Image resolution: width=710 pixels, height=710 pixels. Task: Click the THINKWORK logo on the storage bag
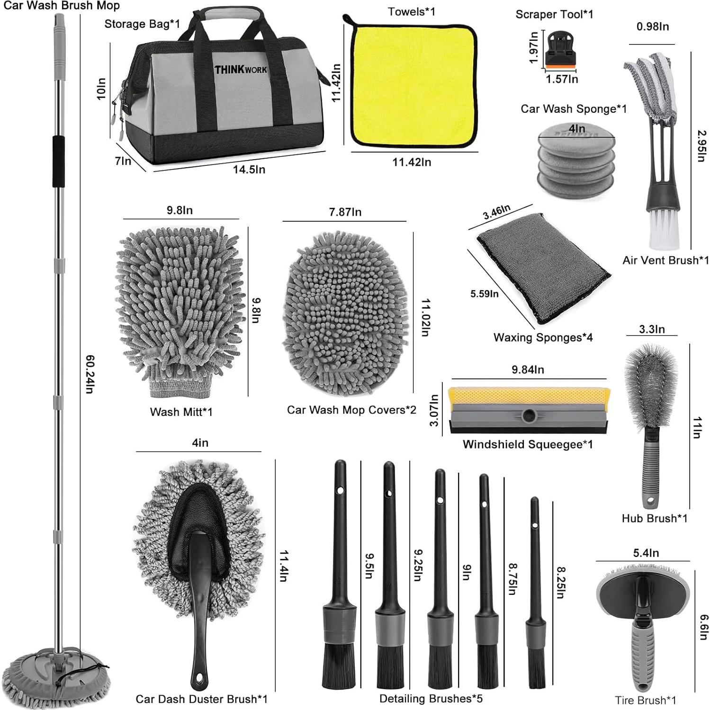241,70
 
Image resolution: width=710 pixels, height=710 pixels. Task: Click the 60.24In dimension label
90,374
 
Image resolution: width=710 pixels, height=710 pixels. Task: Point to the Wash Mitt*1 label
181,412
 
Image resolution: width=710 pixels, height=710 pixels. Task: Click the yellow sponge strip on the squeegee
529,395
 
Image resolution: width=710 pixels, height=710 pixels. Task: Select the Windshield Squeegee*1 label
528,444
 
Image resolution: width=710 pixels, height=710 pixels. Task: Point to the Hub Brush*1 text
654,518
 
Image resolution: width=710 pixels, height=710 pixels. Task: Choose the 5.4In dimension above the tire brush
646,553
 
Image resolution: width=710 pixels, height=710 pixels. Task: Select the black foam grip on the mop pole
58,161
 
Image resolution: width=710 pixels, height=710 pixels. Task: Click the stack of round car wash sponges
576,161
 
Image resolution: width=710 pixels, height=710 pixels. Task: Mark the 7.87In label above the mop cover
345,212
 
